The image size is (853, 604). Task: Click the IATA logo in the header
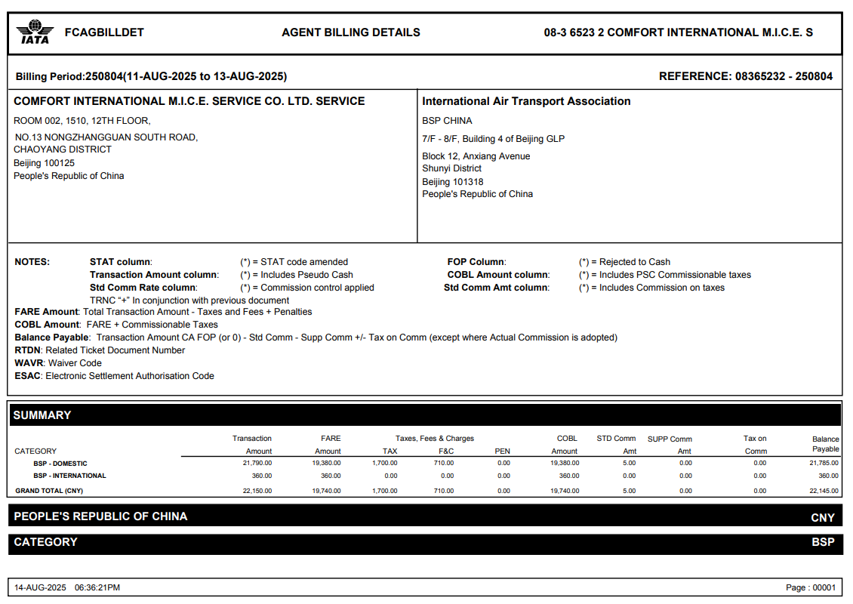coord(33,32)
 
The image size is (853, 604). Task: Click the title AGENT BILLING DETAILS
coord(351,32)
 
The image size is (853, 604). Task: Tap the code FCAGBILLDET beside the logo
coord(104,32)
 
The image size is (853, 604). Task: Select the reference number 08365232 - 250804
coord(784,76)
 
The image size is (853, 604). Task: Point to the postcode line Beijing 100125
coord(44,163)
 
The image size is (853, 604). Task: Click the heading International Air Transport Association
coord(526,101)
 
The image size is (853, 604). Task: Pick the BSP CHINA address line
coord(447,121)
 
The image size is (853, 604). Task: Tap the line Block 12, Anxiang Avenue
coord(476,156)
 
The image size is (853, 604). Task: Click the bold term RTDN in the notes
coord(28,350)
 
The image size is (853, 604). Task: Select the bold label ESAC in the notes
coord(28,376)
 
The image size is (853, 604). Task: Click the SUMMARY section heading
coord(42,415)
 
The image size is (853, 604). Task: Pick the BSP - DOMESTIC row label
coord(60,464)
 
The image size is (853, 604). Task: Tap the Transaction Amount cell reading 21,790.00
coord(257,464)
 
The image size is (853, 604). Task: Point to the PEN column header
coord(502,451)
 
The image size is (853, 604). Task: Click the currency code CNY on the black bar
coord(822,518)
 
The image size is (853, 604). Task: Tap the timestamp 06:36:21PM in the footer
coord(97,587)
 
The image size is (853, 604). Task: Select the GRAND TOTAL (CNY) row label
coord(49,491)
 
